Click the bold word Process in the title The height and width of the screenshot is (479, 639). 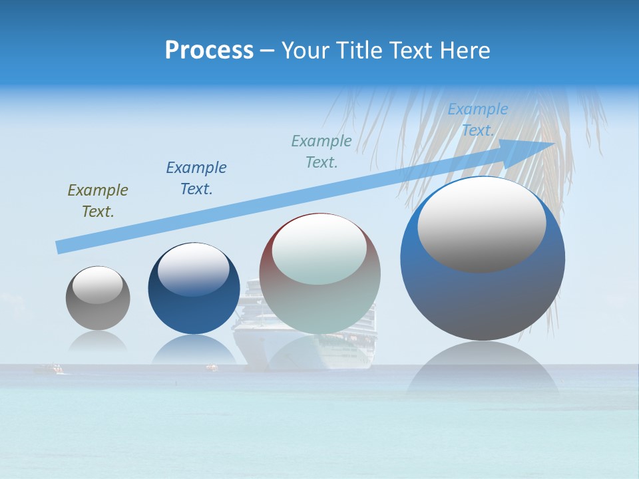pyautogui.click(x=209, y=51)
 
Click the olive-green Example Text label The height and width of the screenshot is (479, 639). pyautogui.click(x=98, y=201)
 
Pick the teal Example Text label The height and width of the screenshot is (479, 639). pyautogui.click(x=321, y=152)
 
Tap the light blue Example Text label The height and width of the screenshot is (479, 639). pyautogui.click(x=477, y=120)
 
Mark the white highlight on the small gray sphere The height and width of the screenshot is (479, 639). pyautogui.click(x=97, y=285)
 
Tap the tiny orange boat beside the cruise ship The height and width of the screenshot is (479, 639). pyautogui.click(x=212, y=367)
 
